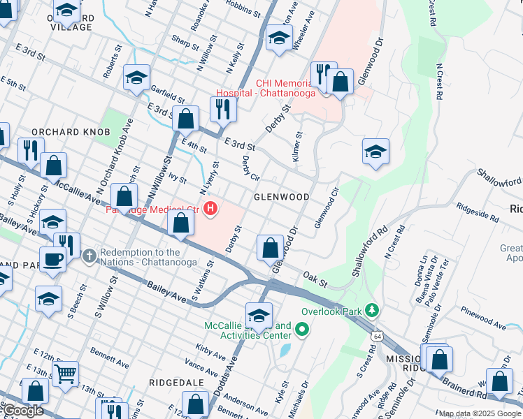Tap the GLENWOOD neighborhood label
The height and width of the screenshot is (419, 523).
(x=282, y=197)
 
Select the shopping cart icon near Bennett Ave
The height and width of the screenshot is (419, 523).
(x=65, y=373)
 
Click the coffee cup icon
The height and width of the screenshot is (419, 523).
(x=52, y=259)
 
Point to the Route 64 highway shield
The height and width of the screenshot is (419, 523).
(x=378, y=336)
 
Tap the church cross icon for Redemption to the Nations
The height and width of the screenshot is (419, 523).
(x=89, y=256)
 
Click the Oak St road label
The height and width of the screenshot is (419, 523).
(x=315, y=281)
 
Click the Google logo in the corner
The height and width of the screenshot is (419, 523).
(x=22, y=411)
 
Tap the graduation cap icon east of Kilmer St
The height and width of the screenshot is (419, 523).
(x=375, y=152)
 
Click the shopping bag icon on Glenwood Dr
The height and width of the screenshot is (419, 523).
(x=270, y=248)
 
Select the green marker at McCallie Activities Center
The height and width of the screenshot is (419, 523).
(x=302, y=328)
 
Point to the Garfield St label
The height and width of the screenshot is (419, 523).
(x=166, y=95)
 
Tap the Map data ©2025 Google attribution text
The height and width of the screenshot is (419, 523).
(x=480, y=413)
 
